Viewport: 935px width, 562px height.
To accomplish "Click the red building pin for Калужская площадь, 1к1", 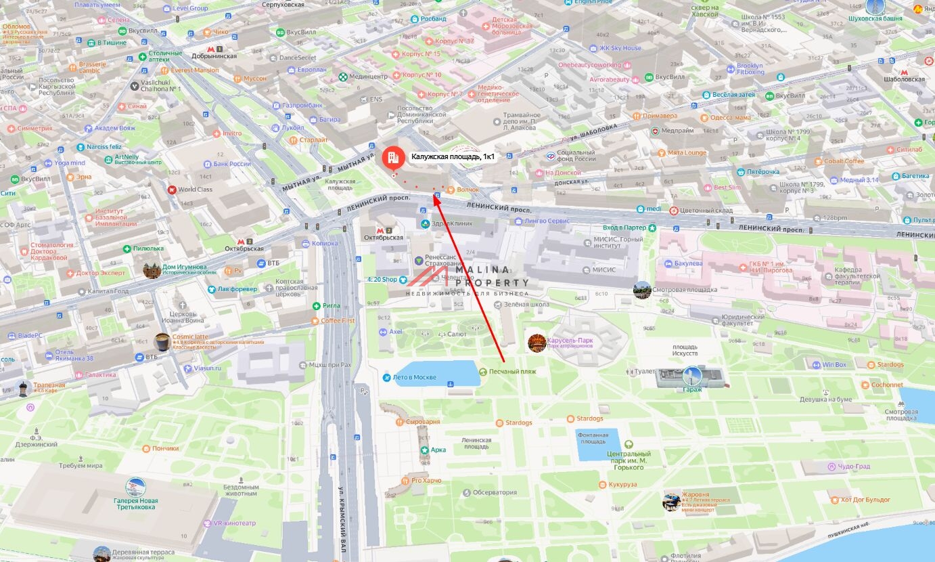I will coord(391,158).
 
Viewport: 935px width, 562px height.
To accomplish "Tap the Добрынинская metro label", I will coord(214,56).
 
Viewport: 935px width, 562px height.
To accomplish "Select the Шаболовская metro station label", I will coord(904,79).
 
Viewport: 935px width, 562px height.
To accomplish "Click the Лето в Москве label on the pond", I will coord(414,377).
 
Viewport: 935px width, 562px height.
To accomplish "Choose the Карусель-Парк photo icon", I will coord(537,342).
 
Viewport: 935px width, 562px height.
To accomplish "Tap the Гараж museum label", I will coord(691,389).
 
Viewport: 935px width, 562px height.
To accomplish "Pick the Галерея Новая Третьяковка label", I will coord(136,504).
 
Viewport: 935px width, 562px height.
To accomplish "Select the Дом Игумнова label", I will coord(184,267).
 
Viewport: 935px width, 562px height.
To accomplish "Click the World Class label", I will coord(195,190).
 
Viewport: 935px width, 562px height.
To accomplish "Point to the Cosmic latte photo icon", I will coord(162,341).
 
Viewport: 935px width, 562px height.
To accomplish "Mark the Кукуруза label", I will coord(622,485).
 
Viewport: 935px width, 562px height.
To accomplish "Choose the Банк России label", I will coord(231,164).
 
